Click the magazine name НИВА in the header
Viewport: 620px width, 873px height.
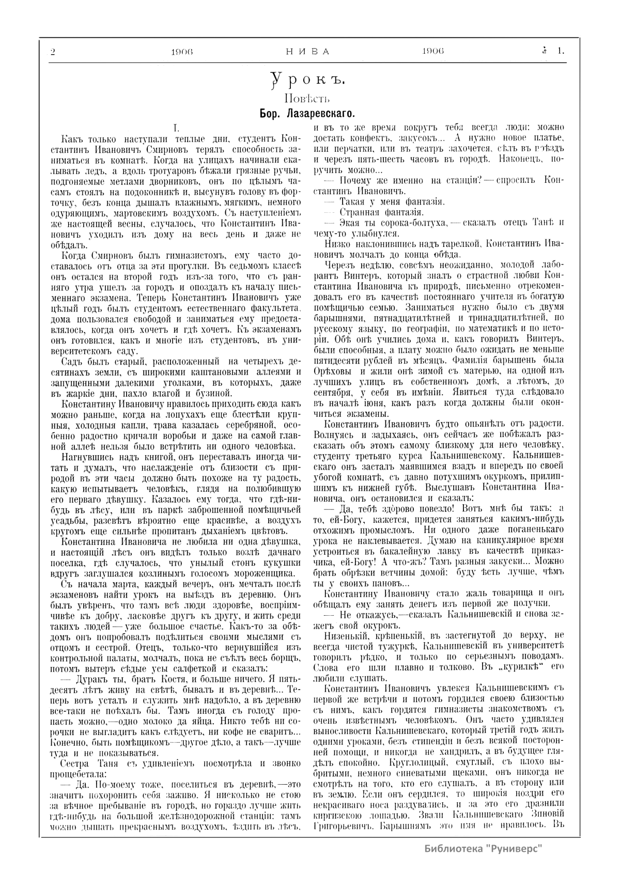pos(307,52)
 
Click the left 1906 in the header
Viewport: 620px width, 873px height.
pos(182,52)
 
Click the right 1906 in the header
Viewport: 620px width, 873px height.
pos(433,52)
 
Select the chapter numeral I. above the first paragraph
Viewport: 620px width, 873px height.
pos(176,127)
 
